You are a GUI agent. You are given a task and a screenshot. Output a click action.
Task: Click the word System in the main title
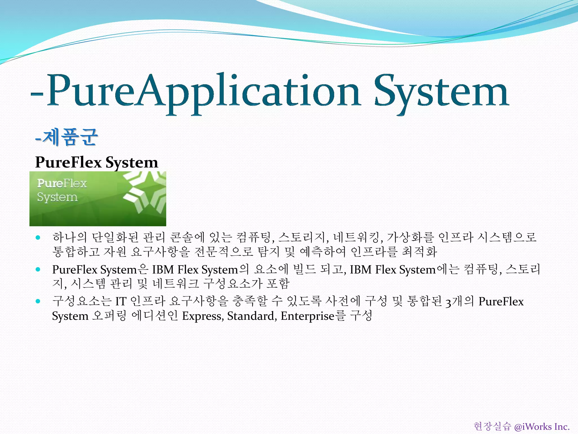point(442,92)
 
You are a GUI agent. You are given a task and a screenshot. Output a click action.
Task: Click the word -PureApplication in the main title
point(195,92)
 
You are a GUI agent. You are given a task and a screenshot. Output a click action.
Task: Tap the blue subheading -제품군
point(67,137)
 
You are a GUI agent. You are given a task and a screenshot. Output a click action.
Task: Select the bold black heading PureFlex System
point(97,162)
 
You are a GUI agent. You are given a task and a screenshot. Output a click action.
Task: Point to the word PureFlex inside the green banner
point(62,183)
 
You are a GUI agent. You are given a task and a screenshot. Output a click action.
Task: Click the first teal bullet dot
point(38,237)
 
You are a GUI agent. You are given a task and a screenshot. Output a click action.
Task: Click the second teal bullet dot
point(38,269)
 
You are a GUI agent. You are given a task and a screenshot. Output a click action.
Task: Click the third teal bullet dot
point(38,301)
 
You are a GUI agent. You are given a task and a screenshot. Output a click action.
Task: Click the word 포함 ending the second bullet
point(278,283)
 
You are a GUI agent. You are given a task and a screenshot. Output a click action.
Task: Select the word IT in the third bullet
point(121,301)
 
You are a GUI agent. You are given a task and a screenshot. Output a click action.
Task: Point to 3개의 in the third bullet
point(460,301)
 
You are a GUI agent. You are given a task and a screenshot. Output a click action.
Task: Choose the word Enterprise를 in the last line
point(313,316)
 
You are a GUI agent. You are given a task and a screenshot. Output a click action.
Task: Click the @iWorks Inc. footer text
point(542,426)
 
